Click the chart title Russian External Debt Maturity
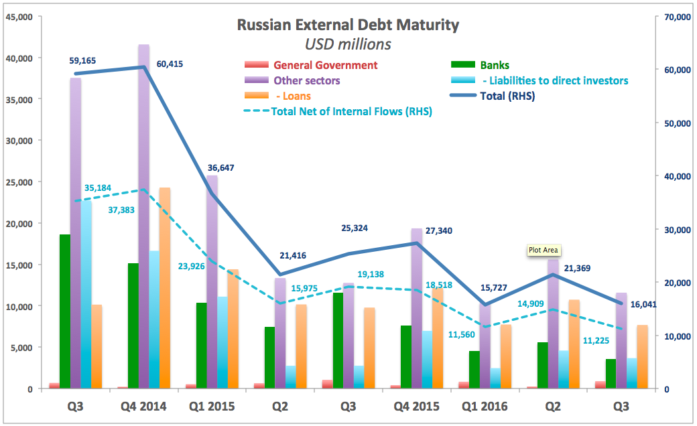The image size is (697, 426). [x=348, y=25]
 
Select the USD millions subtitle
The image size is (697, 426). [x=348, y=45]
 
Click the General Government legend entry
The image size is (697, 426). [x=325, y=65]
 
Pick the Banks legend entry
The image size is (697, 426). [x=495, y=65]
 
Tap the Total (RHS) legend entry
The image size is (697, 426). [x=508, y=96]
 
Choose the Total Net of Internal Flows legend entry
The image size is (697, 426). [x=351, y=111]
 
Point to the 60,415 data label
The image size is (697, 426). [x=170, y=64]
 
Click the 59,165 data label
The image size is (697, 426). [x=82, y=60]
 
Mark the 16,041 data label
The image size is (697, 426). [x=646, y=303]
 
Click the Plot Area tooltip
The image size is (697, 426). [x=544, y=250]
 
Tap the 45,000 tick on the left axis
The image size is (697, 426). [x=18, y=17]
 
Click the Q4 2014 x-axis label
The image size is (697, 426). [x=143, y=407]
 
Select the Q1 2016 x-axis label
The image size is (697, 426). [x=485, y=407]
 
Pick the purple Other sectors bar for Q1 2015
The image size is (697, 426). [x=212, y=281]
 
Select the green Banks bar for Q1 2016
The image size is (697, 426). [x=474, y=370]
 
